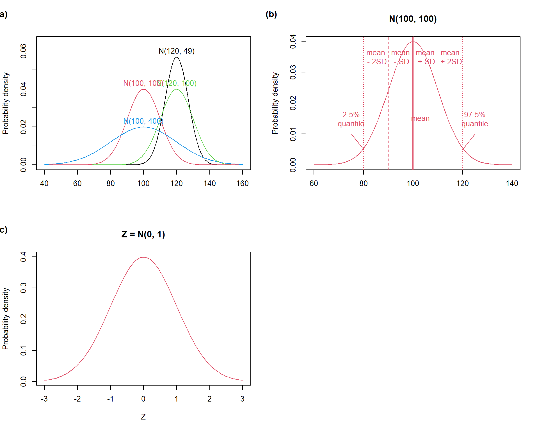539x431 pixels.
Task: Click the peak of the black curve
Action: pyautogui.click(x=176, y=57)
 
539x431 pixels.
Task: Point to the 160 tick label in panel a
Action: pyautogui.click(x=243, y=184)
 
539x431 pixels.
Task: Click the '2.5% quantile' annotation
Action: pyautogui.click(x=351, y=119)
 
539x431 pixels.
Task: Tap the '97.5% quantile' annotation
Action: pyautogui.click(x=475, y=119)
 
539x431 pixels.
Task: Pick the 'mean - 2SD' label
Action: pyautogui.click(x=376, y=57)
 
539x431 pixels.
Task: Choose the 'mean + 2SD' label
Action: pyautogui.click(x=451, y=57)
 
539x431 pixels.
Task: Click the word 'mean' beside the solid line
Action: pyautogui.click(x=421, y=118)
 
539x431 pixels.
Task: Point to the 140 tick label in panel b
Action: pyautogui.click(x=512, y=184)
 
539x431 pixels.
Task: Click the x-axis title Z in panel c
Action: pyautogui.click(x=143, y=417)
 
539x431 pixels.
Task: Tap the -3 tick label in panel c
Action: pyautogui.click(x=44, y=399)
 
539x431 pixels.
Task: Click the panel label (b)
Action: pyautogui.click(x=271, y=14)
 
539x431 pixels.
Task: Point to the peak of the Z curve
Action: pyautogui.click(x=143, y=257)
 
